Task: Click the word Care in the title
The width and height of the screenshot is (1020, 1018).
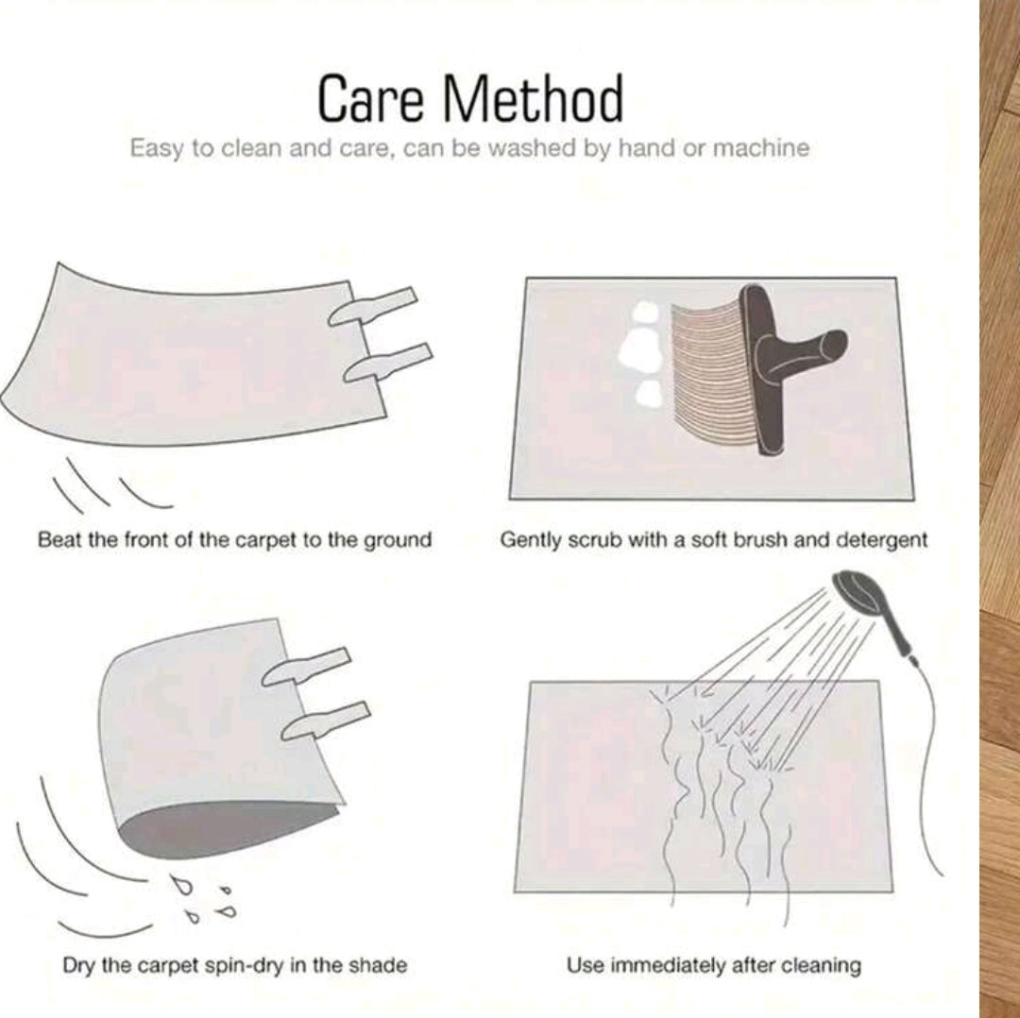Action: click(369, 98)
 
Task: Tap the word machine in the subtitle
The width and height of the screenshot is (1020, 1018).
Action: click(761, 148)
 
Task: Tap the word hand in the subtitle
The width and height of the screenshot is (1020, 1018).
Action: click(640, 147)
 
